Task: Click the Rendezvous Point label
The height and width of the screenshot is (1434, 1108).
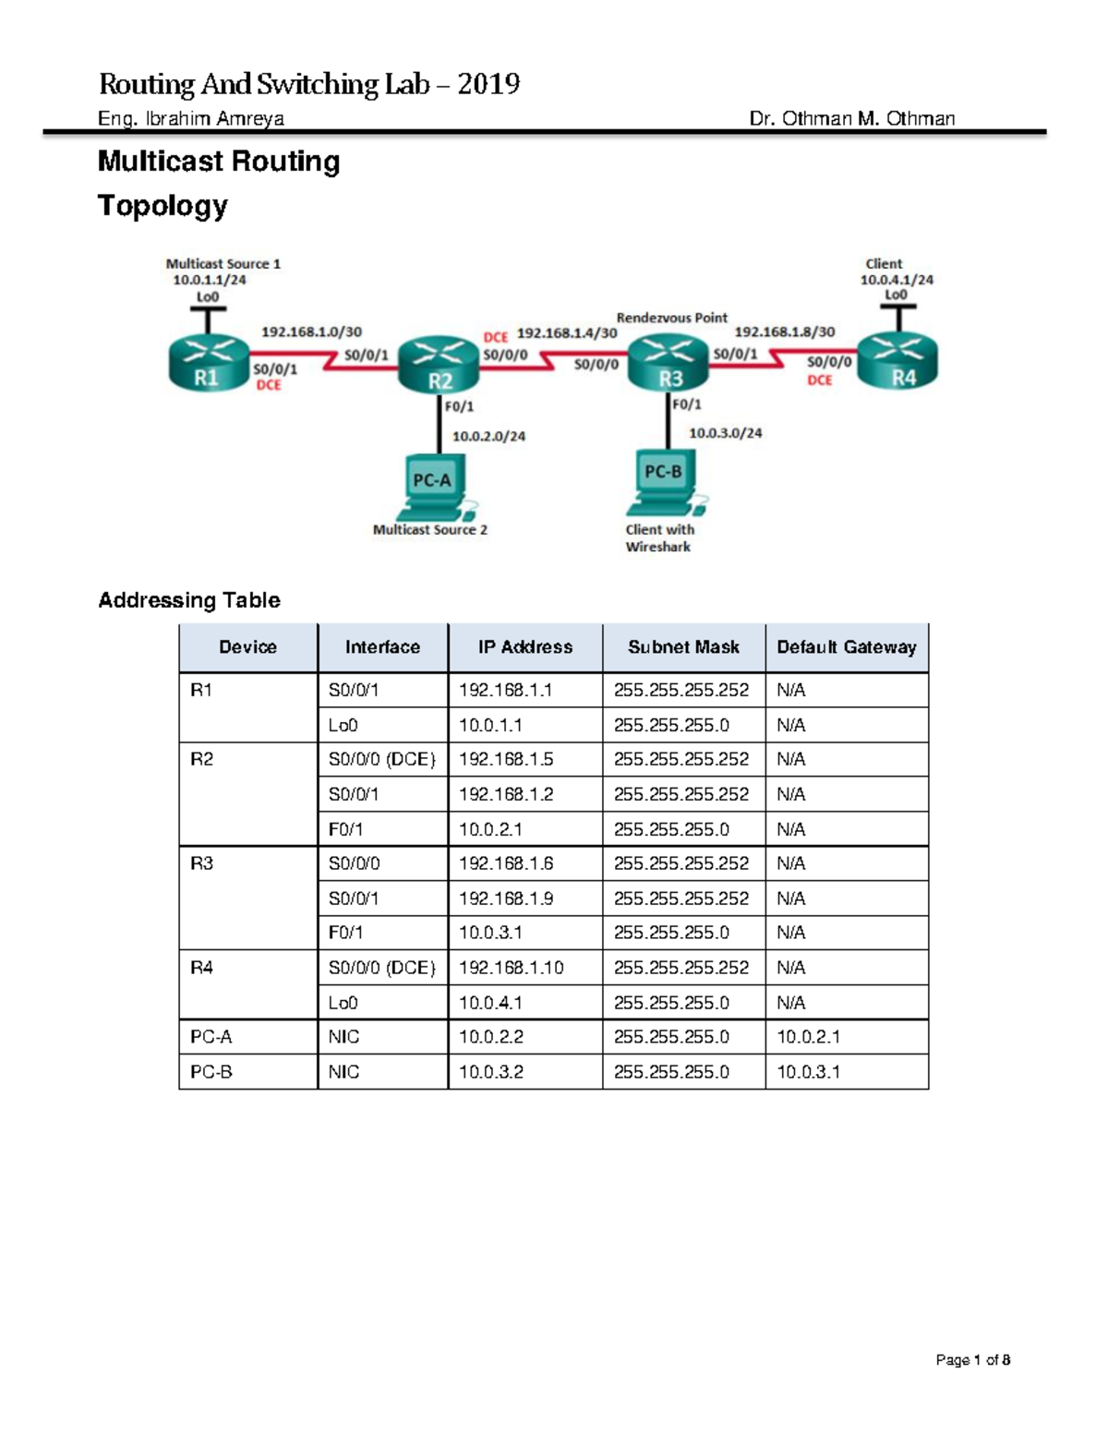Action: pyautogui.click(x=671, y=318)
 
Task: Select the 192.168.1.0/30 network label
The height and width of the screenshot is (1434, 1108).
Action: pyautogui.click(x=311, y=331)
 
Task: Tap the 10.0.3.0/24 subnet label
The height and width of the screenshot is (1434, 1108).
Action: pyautogui.click(x=726, y=432)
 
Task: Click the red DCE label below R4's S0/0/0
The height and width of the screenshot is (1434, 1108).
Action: pyautogui.click(x=820, y=380)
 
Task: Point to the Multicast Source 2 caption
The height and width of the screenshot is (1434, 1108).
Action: pyautogui.click(x=429, y=530)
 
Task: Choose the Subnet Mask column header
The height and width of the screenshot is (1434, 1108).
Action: pyautogui.click(x=683, y=647)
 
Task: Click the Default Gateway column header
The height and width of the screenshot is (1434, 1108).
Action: pyautogui.click(x=846, y=647)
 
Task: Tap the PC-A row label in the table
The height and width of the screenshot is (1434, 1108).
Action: pyautogui.click(x=211, y=1037)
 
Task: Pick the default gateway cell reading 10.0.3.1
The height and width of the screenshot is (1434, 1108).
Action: pyautogui.click(x=808, y=1072)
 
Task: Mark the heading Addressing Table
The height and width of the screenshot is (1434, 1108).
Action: pyautogui.click(x=189, y=600)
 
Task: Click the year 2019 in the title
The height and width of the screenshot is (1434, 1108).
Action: pyautogui.click(x=488, y=85)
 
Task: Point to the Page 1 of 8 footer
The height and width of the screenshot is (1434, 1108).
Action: pyautogui.click(x=972, y=1359)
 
